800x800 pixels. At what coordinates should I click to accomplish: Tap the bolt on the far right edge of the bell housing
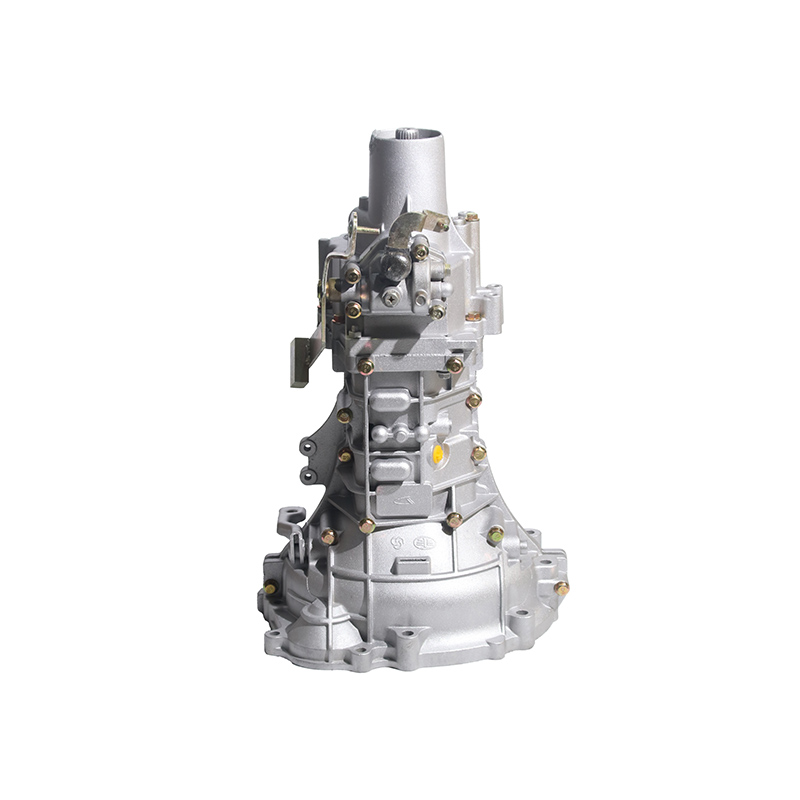click(561, 588)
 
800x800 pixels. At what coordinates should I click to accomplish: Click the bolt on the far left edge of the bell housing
click(270, 588)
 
